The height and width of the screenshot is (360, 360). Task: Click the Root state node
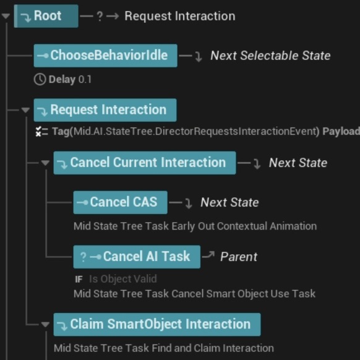46,16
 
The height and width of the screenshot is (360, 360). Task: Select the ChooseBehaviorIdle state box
105,56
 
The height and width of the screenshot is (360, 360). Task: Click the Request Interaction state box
105,110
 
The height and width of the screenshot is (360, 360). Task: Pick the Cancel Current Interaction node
144,163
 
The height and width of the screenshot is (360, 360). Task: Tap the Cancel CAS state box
120,202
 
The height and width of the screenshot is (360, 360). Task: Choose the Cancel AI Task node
137,257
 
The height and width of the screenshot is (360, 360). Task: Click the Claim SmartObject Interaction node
156,324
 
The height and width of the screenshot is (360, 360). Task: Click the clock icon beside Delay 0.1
40,79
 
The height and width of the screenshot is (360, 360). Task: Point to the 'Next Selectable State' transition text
270,56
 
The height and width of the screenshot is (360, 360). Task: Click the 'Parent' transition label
238,257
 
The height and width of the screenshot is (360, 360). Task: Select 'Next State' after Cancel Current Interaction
298,163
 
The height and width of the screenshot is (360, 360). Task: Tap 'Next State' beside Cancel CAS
229,203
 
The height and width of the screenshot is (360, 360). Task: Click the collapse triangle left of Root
6,16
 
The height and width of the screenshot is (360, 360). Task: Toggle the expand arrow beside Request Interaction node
25,110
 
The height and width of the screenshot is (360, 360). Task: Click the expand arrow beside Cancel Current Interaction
45,163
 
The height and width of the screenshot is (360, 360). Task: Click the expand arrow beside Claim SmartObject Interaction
45,324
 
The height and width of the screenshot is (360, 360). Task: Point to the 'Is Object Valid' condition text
122,279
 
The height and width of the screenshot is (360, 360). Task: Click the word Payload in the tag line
341,131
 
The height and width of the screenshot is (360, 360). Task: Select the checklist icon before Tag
41,131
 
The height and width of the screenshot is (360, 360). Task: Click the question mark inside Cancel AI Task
84,257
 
